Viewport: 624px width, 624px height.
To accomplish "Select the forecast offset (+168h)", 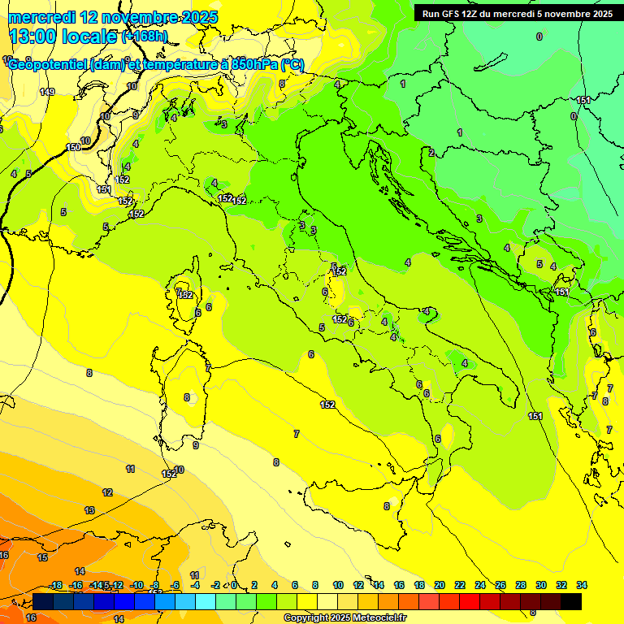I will tap(144, 37).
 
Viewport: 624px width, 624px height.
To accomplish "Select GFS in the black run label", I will tap(453, 14).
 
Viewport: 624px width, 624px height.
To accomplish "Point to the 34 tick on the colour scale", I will tap(582, 585).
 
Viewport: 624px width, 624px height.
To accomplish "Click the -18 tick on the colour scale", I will tap(55, 585).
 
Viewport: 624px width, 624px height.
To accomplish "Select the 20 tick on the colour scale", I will tap(440, 585).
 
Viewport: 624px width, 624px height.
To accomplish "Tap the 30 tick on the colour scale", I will tap(541, 585).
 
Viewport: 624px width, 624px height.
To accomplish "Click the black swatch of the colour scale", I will tap(571, 601).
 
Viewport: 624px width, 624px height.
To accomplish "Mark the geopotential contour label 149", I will tap(47, 92).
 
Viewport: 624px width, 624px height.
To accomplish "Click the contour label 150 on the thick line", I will tap(73, 147).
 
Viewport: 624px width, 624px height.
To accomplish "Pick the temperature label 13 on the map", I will tap(89, 510).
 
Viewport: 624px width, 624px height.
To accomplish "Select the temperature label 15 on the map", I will tap(42, 557).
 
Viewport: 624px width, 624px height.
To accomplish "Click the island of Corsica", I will tap(188, 288).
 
